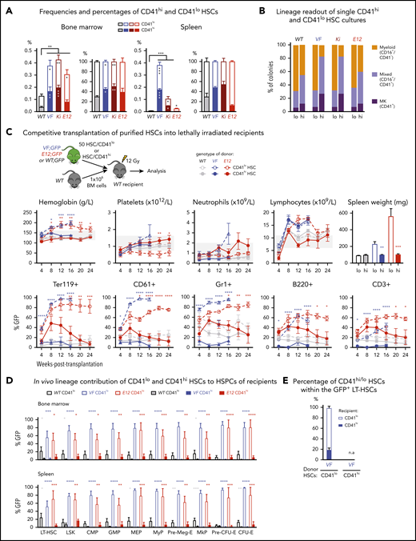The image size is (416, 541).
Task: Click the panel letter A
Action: point(6,7)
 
